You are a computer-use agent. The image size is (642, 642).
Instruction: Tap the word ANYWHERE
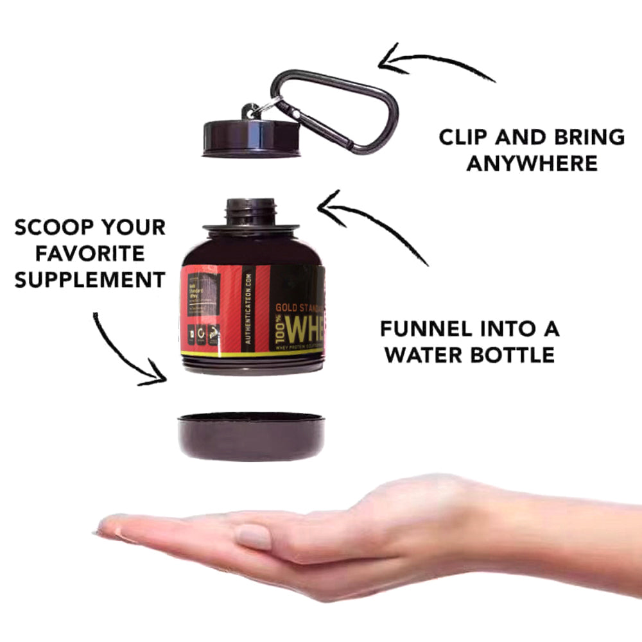(x=532, y=163)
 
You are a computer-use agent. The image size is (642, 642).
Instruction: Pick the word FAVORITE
(x=89, y=253)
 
